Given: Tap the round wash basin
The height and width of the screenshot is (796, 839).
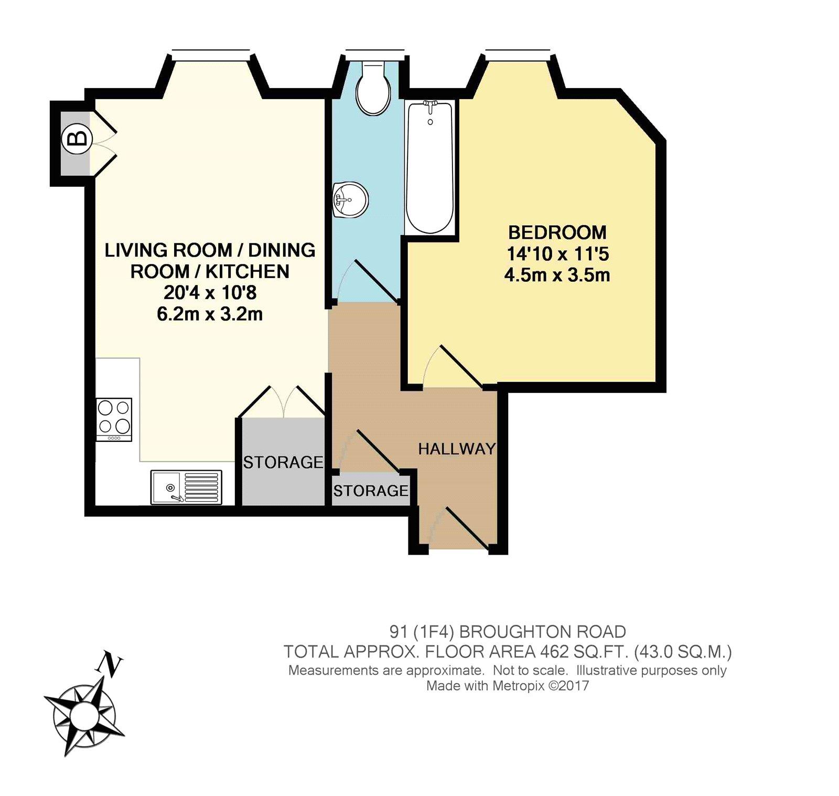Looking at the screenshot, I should pos(350,199).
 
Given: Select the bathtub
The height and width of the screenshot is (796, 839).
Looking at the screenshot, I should pos(430,168).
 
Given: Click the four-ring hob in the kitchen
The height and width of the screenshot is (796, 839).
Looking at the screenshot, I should pos(114,419).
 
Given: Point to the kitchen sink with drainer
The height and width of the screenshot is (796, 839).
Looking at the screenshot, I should pos(186,487).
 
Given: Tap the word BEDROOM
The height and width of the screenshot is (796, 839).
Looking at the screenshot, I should pos(557,232).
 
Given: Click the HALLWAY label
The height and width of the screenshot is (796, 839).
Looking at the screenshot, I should pos(457,449).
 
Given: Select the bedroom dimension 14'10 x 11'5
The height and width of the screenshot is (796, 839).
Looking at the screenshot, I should pos(557,254).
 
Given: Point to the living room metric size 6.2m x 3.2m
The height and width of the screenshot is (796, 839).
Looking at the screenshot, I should pos(210,314).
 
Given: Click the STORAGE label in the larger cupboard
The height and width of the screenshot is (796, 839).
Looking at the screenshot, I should pos(283,462).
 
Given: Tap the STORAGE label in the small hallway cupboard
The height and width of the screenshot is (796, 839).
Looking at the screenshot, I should pos(371,491).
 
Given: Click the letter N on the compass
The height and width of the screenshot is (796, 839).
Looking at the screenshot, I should pos(110,664).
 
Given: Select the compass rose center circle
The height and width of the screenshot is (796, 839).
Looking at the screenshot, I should pos(84,714).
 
